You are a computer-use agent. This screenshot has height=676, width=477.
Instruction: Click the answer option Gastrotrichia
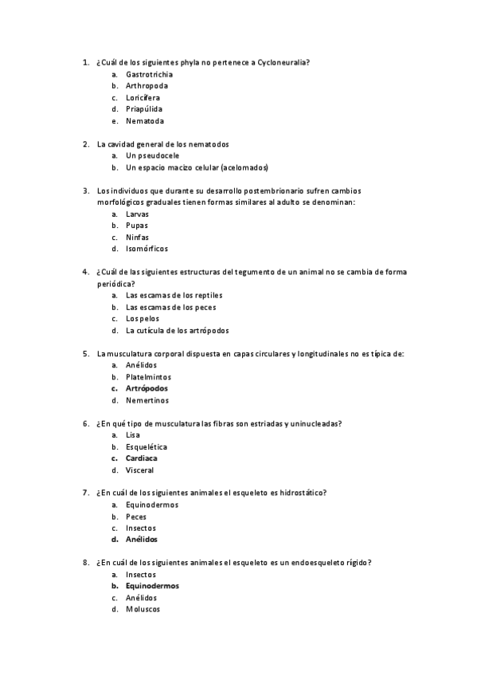(x=149, y=74)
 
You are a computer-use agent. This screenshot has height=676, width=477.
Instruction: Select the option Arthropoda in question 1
(x=147, y=86)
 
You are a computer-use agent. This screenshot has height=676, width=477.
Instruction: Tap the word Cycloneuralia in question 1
(x=285, y=62)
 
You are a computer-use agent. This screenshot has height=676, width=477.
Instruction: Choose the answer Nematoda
(x=145, y=121)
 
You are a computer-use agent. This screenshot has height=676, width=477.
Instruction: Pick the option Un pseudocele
(x=152, y=156)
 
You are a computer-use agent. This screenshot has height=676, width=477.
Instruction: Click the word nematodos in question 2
(x=209, y=144)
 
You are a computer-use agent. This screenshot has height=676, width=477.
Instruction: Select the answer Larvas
(x=137, y=214)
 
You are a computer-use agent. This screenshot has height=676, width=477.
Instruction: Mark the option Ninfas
(x=137, y=238)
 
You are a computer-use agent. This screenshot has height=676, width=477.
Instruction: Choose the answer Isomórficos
(x=147, y=250)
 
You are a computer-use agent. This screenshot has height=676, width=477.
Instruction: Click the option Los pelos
(x=142, y=319)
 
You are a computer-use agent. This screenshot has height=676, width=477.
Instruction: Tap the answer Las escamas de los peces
(x=170, y=307)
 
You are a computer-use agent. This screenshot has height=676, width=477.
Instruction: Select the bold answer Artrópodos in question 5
(x=147, y=388)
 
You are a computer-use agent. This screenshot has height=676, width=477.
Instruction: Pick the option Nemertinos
(x=147, y=400)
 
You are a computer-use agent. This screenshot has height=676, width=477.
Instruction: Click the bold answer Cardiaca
(x=141, y=458)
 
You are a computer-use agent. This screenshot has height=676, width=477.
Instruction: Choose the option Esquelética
(x=147, y=446)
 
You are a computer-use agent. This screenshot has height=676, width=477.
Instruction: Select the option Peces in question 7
(x=135, y=517)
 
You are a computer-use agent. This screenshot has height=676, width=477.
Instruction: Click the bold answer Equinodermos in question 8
(x=152, y=586)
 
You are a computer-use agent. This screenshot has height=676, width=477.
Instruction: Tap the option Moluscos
(x=143, y=610)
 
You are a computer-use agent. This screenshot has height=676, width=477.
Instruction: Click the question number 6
(x=85, y=423)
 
